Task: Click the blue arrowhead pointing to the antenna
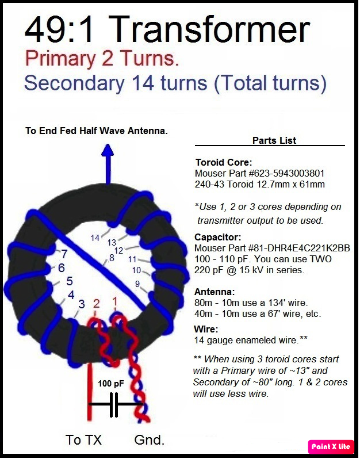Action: coord(108,150)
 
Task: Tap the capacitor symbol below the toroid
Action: coord(114,404)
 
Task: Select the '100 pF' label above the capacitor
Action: coord(111,383)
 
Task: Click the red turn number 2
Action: coord(97,304)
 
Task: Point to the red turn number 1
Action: coord(115,301)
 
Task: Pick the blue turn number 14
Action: coord(95,238)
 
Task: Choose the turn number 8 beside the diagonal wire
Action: coord(112,258)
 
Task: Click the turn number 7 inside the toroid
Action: coord(64,254)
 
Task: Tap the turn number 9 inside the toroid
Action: coord(137,284)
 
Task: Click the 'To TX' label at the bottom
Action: coord(83,439)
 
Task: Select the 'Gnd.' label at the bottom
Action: coord(150,439)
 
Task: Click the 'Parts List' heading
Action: coord(274,140)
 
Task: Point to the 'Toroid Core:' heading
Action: coord(224,162)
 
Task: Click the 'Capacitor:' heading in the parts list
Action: coord(218,237)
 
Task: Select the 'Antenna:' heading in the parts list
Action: coord(215,292)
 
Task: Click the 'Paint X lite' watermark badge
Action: coord(331,446)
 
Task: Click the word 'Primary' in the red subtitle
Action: coord(60,59)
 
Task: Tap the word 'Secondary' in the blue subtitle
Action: coord(75,83)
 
